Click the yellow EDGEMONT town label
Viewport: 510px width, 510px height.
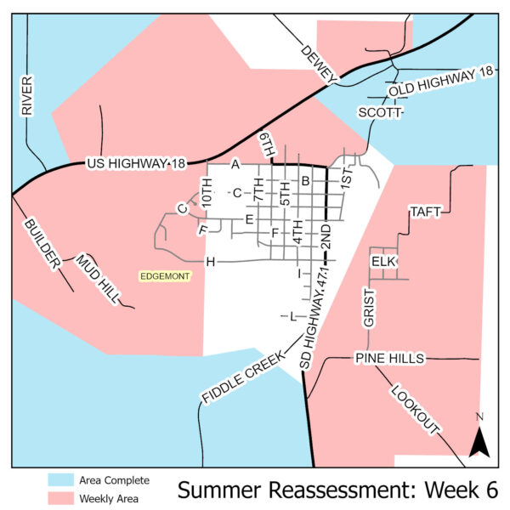click(x=167, y=276)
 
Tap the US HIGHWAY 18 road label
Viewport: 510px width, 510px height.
click(x=135, y=163)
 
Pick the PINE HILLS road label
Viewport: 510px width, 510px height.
click(x=389, y=360)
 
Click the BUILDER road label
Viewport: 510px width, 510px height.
click(x=42, y=244)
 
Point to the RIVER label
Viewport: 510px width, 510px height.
click(x=26, y=94)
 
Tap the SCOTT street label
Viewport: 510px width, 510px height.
click(x=377, y=113)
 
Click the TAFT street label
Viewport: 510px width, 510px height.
click(x=425, y=212)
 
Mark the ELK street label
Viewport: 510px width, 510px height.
click(x=385, y=262)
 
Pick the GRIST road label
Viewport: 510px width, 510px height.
click(x=369, y=307)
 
